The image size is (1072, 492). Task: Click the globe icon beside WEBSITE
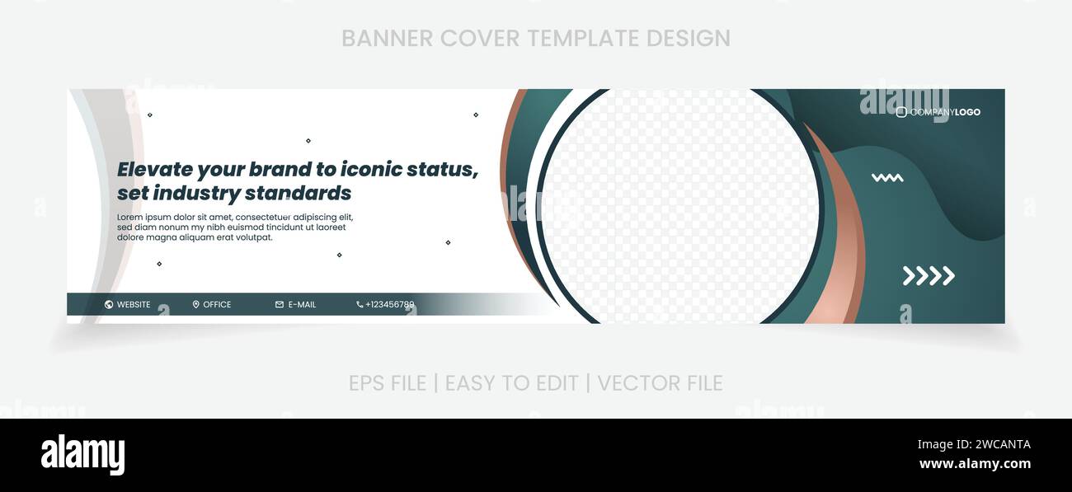click(109, 305)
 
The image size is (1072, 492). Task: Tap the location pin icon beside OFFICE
click(196, 305)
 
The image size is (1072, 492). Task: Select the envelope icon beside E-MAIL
click(280, 305)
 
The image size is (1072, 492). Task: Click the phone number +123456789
click(389, 305)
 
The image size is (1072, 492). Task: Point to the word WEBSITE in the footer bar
click(134, 305)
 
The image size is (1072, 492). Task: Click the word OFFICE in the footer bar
click(217, 305)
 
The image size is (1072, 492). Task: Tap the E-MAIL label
click(302, 305)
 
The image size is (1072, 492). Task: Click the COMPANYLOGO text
click(945, 112)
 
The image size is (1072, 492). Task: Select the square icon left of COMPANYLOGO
click(901, 112)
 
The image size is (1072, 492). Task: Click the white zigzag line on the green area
click(887, 177)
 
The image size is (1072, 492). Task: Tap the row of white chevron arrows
click(929, 276)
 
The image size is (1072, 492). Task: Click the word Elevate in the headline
click(155, 170)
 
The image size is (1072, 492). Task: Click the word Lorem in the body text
click(130, 218)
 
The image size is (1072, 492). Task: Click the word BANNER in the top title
click(387, 39)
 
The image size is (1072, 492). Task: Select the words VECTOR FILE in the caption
click(660, 383)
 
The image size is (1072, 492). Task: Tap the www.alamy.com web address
click(975, 464)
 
